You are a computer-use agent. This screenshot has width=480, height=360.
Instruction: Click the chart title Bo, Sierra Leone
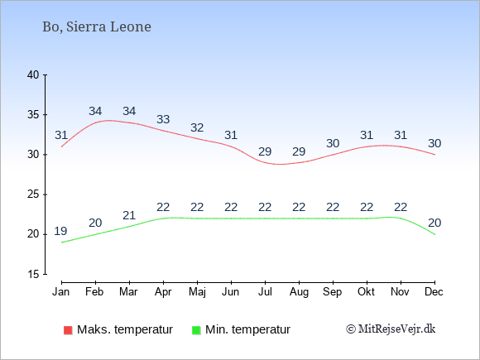[x=97, y=27]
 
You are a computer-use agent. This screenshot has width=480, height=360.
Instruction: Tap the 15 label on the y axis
[x=33, y=274]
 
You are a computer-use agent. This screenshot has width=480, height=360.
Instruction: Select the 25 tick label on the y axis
[x=33, y=194]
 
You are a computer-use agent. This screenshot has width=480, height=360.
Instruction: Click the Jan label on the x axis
[x=61, y=292]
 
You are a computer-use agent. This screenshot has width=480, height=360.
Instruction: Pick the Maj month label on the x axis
[x=197, y=292]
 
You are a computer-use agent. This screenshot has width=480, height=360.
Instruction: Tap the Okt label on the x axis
[x=366, y=292]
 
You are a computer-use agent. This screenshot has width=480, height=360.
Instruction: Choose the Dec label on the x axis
[x=434, y=292]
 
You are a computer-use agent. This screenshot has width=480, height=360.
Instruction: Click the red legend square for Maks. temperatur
[x=68, y=330]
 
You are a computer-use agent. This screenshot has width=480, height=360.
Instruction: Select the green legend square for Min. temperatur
[x=196, y=330]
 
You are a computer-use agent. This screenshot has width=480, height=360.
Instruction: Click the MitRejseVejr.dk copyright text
[x=391, y=329]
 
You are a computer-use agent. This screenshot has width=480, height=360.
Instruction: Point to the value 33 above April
[x=163, y=119]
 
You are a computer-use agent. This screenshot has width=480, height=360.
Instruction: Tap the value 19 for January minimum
[x=60, y=231]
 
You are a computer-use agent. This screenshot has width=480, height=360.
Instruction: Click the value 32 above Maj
[x=197, y=127]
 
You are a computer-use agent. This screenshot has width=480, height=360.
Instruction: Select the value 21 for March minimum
[x=129, y=215]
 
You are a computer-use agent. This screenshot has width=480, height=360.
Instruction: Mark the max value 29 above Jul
[x=265, y=151]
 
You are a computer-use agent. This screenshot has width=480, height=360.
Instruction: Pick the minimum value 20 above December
[x=434, y=223]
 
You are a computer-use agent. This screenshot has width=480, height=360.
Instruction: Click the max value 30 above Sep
[x=333, y=143]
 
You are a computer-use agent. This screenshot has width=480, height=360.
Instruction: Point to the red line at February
[x=95, y=122]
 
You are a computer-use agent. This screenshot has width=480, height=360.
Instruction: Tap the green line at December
[x=434, y=234]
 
